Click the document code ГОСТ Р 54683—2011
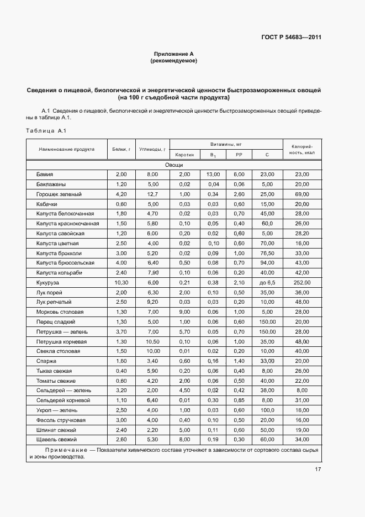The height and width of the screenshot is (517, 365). (x=291, y=38)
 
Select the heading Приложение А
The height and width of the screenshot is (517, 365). (x=173, y=54)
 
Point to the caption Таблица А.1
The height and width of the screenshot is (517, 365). (x=46, y=130)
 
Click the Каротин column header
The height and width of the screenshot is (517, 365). (x=184, y=155)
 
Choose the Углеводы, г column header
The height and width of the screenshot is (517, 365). (x=152, y=149)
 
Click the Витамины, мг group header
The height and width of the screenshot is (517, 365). (x=226, y=144)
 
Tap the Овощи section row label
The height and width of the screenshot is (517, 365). (x=173, y=165)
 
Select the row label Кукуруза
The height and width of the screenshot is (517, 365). (x=47, y=282)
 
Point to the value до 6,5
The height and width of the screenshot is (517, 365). (x=267, y=282)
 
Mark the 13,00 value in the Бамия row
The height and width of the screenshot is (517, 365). (x=213, y=175)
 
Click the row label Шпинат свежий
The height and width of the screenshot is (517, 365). (x=56, y=429)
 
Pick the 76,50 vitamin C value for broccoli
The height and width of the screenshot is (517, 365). (x=267, y=253)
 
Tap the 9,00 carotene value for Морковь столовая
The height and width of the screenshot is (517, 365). (x=184, y=312)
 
